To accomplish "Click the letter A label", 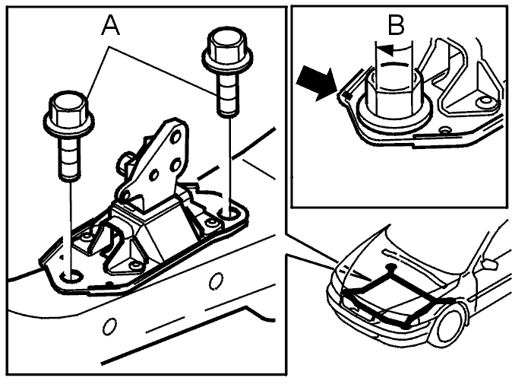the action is coord(111,26).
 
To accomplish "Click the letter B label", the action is coord(397,25).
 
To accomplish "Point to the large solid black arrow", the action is coord(317,83).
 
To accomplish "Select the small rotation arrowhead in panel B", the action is coord(387,50).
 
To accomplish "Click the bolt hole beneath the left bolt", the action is coord(72,277).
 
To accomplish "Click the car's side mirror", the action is coord(488,263).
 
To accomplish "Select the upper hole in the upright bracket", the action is coord(176,136).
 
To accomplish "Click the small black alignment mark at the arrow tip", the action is coord(348,95).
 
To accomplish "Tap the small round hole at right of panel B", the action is coord(484,103).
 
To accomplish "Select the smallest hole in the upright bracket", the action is coord(153,175).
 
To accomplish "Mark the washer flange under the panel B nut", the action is coord(393,122).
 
